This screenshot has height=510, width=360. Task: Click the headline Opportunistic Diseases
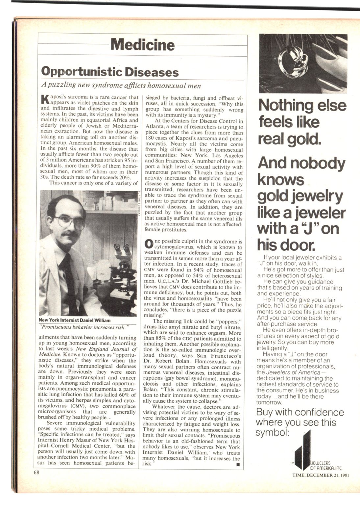[x=110, y=72]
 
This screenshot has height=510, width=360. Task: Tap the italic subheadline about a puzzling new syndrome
[x=121, y=85]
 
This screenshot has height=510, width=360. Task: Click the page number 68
[x=36, y=473]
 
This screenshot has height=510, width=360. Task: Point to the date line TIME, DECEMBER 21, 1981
[x=321, y=475]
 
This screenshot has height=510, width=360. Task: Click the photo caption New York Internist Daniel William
[x=75, y=320]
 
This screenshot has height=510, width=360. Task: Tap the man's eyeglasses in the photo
[x=70, y=222]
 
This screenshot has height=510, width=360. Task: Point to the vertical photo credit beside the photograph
[x=139, y=203]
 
